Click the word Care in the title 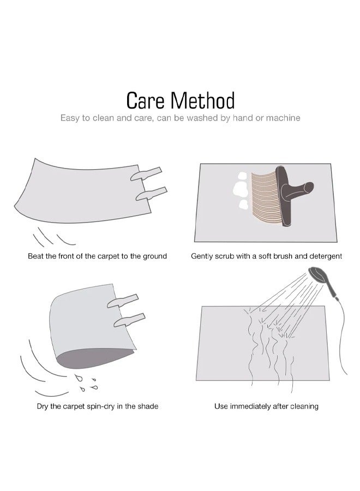pos(145,100)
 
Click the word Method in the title pos(202,100)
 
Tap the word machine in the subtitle pos(283,118)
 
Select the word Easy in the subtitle pos(70,118)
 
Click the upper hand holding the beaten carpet pos(146,174)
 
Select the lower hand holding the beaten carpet pos(152,194)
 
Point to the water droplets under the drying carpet pos(87,382)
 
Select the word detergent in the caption pos(326,256)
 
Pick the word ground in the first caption pos(155,256)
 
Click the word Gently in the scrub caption pos(202,256)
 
